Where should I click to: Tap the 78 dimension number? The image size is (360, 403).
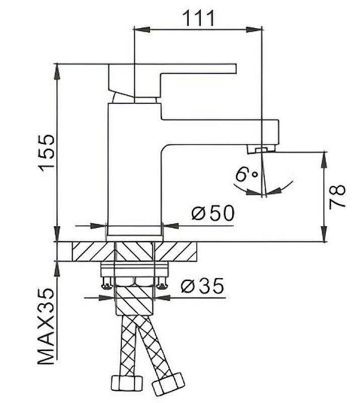coord(338,196)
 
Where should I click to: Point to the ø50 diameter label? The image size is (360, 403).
coord(213,214)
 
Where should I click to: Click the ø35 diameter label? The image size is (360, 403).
coord(202,287)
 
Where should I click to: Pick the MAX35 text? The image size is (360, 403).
coord(46,327)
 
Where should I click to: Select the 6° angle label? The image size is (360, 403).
coord(246,175)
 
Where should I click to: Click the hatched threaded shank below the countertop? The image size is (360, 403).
coord(134,297)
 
